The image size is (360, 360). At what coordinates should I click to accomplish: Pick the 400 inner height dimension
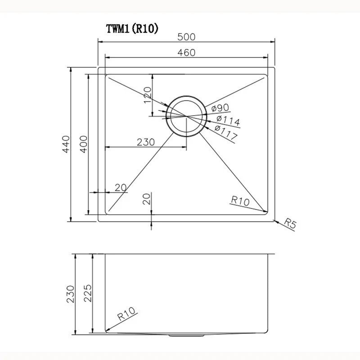pyautogui.click(x=83, y=144)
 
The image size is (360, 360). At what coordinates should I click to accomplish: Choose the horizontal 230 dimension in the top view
pyautogui.click(x=146, y=142)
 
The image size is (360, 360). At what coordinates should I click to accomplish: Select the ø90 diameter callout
pyautogui.click(x=220, y=108)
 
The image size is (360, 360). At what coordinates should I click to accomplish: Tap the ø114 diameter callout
pyautogui.click(x=227, y=120)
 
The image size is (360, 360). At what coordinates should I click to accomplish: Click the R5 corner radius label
pyautogui.click(x=291, y=224)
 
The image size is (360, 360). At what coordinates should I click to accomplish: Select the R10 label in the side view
pyautogui.click(x=126, y=313)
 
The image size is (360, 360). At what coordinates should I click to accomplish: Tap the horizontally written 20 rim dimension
pyautogui.click(x=120, y=188)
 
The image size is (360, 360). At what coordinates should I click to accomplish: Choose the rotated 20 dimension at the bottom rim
pyautogui.click(x=146, y=199)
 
